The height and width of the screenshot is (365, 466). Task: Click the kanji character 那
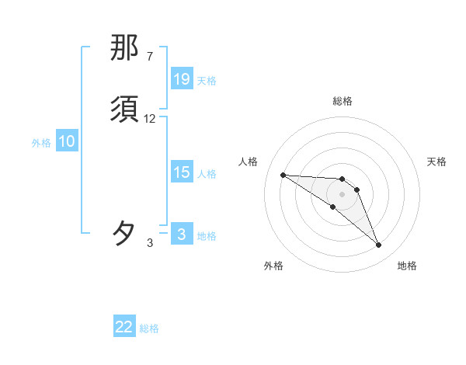coord(125,48)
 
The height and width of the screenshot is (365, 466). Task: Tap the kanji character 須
coord(125,109)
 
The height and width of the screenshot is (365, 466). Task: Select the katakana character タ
coord(125,234)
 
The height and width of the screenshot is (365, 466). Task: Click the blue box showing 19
coord(182,79)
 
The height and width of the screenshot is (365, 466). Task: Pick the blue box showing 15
coord(182,173)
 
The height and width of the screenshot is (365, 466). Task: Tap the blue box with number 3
coord(182,235)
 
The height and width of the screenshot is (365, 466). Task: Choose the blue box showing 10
coord(67,141)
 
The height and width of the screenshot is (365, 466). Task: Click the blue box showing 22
coord(124,327)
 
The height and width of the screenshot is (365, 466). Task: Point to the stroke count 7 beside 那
coord(149,57)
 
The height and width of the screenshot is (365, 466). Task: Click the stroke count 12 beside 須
coord(150,119)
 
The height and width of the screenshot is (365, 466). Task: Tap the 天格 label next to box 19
coord(207,80)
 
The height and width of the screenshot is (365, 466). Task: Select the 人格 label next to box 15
coord(207,174)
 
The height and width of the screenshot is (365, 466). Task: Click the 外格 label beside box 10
coord(41,143)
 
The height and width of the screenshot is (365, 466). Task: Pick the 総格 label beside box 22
coord(149,328)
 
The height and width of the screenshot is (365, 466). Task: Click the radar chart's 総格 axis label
coord(342,101)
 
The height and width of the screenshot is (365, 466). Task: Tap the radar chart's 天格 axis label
coord(436,162)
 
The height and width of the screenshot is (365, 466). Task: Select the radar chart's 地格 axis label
coord(407,266)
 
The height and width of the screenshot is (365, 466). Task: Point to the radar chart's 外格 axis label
coord(273,266)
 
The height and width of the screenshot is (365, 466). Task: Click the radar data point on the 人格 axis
coord(283,175)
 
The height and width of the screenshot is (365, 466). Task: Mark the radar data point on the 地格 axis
coord(378,245)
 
